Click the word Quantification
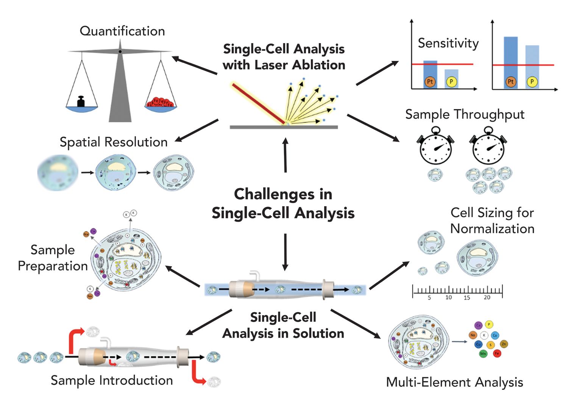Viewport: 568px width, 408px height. click(122, 31)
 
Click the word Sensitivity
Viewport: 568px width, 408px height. click(448, 43)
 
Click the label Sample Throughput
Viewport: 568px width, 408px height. click(465, 114)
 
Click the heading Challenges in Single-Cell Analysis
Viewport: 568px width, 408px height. click(283, 203)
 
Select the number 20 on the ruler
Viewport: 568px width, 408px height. click(487, 298)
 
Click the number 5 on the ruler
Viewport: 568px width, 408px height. click(429, 298)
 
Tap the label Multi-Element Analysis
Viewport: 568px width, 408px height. click(454, 382)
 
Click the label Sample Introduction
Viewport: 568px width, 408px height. click(112, 380)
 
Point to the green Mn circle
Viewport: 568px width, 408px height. click(483, 353)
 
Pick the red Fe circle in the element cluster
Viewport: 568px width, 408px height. click(497, 353)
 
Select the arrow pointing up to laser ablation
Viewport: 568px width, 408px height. click(286, 155)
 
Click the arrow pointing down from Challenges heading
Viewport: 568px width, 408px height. click(286, 252)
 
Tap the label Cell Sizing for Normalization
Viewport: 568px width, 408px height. click(492, 220)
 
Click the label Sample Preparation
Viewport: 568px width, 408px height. click(53, 258)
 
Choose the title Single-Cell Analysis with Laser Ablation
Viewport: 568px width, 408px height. click(284, 57)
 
